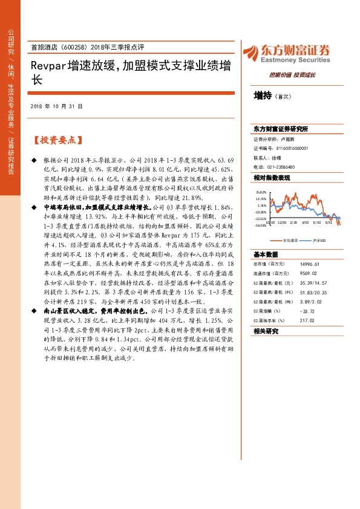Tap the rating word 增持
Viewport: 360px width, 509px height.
click(x=262, y=95)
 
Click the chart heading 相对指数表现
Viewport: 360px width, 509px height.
click(x=272, y=178)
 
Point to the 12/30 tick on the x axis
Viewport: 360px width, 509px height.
click(x=284, y=222)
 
